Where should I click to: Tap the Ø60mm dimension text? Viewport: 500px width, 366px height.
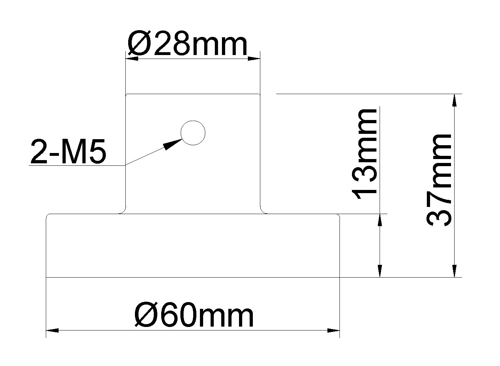pyautogui.click(x=194, y=316)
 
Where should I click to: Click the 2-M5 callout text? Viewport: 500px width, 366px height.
pyautogui.click(x=69, y=152)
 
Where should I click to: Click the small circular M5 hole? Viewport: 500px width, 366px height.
pyautogui.click(x=193, y=133)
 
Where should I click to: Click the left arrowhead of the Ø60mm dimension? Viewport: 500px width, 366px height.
pyautogui.click(x=53, y=331)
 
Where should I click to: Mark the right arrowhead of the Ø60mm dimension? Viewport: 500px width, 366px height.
pyautogui.click(x=334, y=331)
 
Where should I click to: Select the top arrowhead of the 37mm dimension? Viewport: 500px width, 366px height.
pyautogui.click(x=454, y=100)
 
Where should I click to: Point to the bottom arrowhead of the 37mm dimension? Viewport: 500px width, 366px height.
pyautogui.click(x=454, y=271)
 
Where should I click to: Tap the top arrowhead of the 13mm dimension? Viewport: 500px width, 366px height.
pyautogui.click(x=380, y=220)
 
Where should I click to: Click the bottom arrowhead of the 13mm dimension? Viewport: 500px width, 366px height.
pyautogui.click(x=380, y=271)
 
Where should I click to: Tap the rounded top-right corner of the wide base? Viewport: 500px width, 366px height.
pyautogui.click(x=338, y=216)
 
